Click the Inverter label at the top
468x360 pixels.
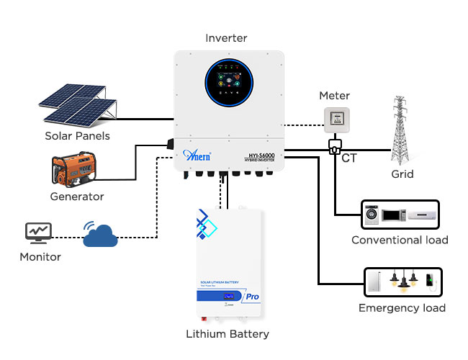coord(226,37)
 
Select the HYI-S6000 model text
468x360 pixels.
coord(260,155)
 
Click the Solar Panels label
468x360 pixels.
coord(77,135)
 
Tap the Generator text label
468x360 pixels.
coord(77,197)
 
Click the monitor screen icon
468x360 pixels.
coord(39,232)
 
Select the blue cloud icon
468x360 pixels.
coord(100,236)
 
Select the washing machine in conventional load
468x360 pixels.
coord(372,214)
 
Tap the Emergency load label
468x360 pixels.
coord(402,308)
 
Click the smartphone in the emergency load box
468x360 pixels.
coord(429,282)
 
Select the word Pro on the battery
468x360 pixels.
coord(253,296)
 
